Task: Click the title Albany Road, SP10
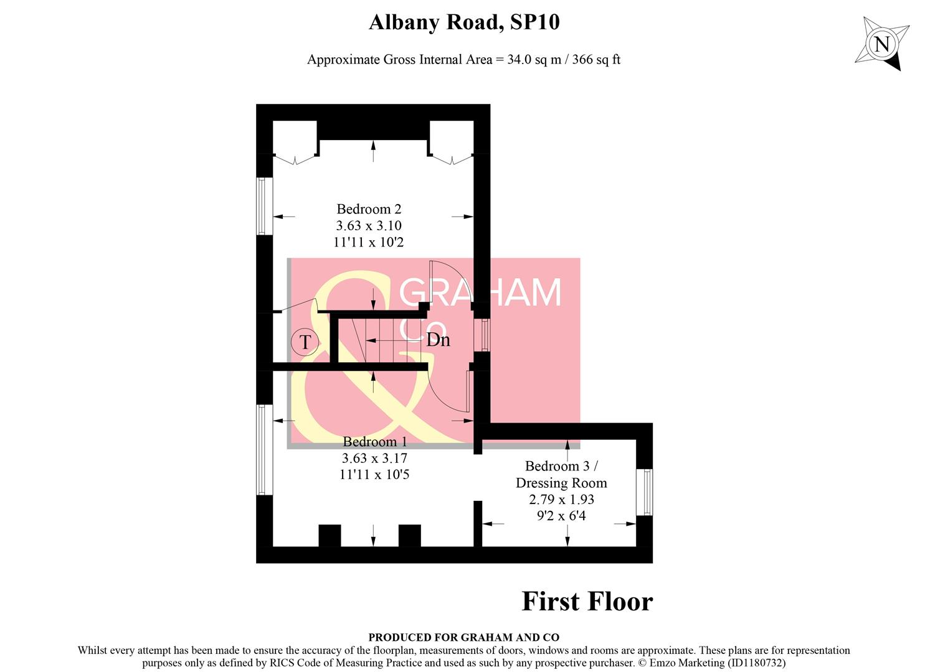[x=464, y=22]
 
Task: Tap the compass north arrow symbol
[x=881, y=44]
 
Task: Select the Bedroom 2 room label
[x=368, y=209]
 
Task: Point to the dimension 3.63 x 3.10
[x=369, y=226]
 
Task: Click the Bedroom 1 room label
[x=374, y=442]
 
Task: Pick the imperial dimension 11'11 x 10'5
[x=374, y=475]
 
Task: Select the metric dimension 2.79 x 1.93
[x=561, y=500]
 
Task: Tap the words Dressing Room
[x=561, y=483]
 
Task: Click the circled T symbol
[x=305, y=342]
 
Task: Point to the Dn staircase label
[x=438, y=340]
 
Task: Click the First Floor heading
[x=587, y=602]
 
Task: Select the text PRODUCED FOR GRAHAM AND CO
[x=463, y=637]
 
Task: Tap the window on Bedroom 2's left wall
[x=264, y=206]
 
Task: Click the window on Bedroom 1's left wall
[x=264, y=450]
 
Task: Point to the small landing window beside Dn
[x=482, y=335]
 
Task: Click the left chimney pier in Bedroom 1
[x=330, y=535]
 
